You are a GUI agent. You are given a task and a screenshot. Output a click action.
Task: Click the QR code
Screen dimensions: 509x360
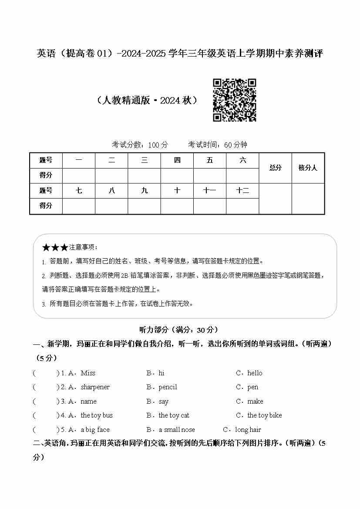click(234, 100)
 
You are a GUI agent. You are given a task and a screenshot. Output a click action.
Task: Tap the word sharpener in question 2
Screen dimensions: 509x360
click(95, 387)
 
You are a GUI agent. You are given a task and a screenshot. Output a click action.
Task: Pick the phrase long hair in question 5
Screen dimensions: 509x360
click(248, 430)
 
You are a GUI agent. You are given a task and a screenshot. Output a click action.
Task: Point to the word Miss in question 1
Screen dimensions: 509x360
click(88, 373)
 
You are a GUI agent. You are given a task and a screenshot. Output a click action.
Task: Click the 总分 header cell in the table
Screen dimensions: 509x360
click(275, 168)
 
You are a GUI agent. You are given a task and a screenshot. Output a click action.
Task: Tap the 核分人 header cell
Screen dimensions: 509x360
click(308, 168)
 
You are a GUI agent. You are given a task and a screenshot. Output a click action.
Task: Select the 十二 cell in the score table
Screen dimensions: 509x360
click(242, 191)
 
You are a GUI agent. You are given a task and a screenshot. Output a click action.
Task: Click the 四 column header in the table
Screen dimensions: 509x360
click(177, 161)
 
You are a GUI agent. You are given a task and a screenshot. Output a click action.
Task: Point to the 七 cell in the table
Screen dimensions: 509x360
click(79, 191)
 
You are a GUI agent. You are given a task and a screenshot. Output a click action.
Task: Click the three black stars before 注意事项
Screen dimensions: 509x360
click(55, 248)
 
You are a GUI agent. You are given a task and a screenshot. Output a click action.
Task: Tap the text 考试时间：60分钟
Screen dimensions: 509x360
click(218, 145)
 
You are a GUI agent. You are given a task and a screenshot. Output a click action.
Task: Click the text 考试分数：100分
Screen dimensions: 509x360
click(140, 145)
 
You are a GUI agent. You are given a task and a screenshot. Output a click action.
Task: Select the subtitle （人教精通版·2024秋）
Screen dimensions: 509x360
click(148, 101)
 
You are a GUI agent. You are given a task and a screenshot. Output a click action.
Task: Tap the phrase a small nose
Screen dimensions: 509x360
click(177, 430)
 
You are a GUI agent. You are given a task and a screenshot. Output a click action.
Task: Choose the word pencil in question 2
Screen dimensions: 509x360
click(168, 387)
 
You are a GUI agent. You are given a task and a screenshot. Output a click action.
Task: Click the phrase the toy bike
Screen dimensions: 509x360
click(264, 415)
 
